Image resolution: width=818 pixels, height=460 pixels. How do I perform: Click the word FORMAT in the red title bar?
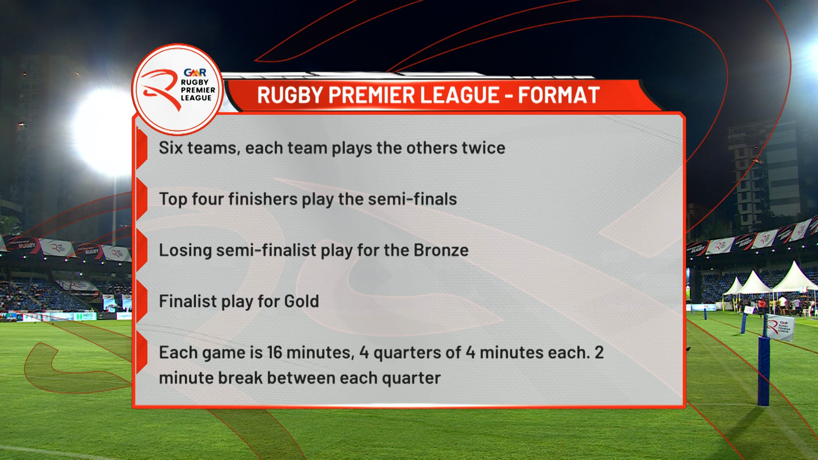(x=559, y=95)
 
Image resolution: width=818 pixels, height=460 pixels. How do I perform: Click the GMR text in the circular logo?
(x=195, y=73)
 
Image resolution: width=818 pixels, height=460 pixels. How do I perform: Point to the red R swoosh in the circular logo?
(x=160, y=87)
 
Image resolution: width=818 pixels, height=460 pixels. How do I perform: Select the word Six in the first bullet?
(x=170, y=148)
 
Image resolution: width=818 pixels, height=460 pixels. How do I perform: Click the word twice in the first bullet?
(x=484, y=148)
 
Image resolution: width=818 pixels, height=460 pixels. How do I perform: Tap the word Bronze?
(x=441, y=250)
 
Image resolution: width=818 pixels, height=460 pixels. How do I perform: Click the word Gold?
(x=302, y=301)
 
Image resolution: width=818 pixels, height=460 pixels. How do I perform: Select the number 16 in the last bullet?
(x=274, y=352)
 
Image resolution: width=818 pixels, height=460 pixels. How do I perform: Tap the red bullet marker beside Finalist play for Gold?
(x=141, y=301)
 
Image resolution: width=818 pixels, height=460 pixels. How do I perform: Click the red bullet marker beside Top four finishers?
(x=141, y=199)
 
